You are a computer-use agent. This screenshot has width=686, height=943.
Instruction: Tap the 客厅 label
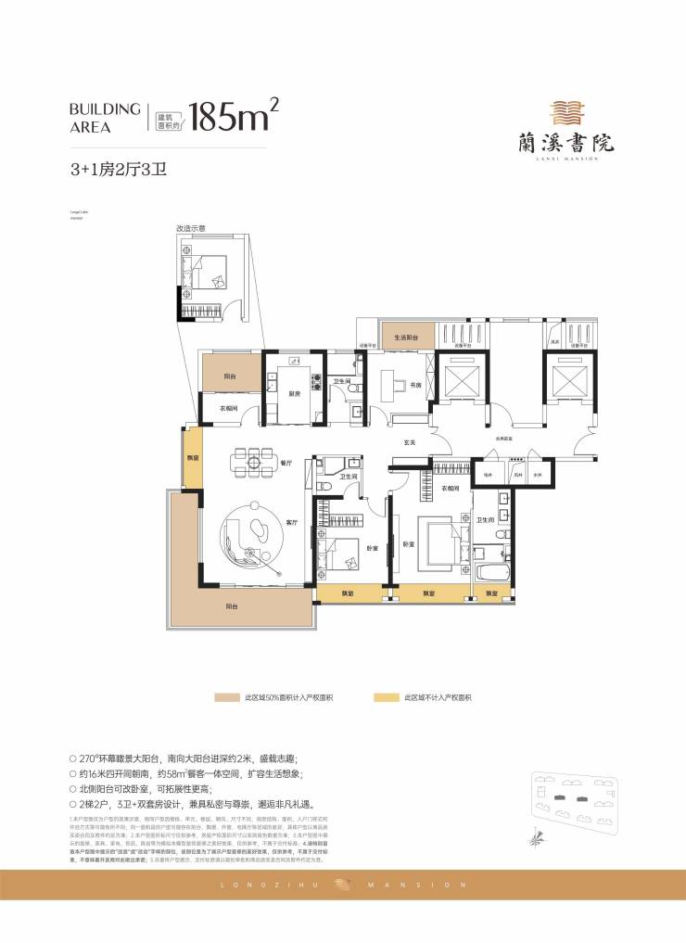point(291,523)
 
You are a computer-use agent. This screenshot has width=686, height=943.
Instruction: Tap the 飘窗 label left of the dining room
point(192,457)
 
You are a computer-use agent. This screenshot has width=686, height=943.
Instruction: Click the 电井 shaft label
point(486,474)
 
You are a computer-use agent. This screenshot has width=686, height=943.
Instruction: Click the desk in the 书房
point(387,381)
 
